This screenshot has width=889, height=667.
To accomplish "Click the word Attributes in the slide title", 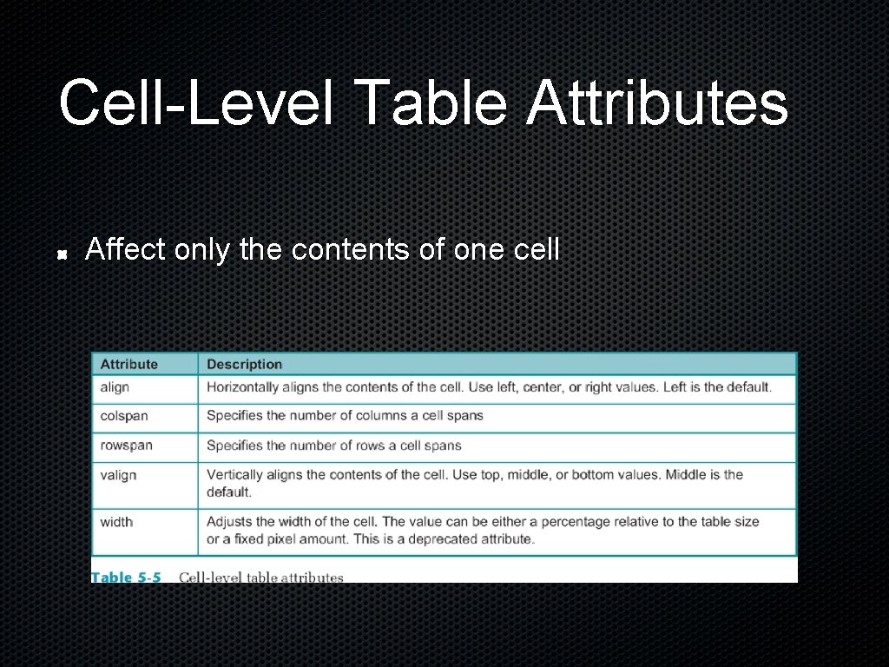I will pos(656,102).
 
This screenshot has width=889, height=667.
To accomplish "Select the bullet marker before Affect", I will pos(63,255).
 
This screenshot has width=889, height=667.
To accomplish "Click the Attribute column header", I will pos(129,365).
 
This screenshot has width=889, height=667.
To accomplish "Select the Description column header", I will pos(244,365).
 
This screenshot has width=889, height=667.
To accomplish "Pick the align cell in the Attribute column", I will pos(115,387).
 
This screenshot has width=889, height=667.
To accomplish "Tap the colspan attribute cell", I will pos(124,416).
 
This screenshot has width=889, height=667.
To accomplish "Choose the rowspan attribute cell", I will pos(126,446).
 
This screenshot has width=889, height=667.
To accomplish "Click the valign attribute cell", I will pos(118,475).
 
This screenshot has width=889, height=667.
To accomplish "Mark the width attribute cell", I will pos(116,522).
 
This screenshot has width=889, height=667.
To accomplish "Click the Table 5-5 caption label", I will pos(127,578).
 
